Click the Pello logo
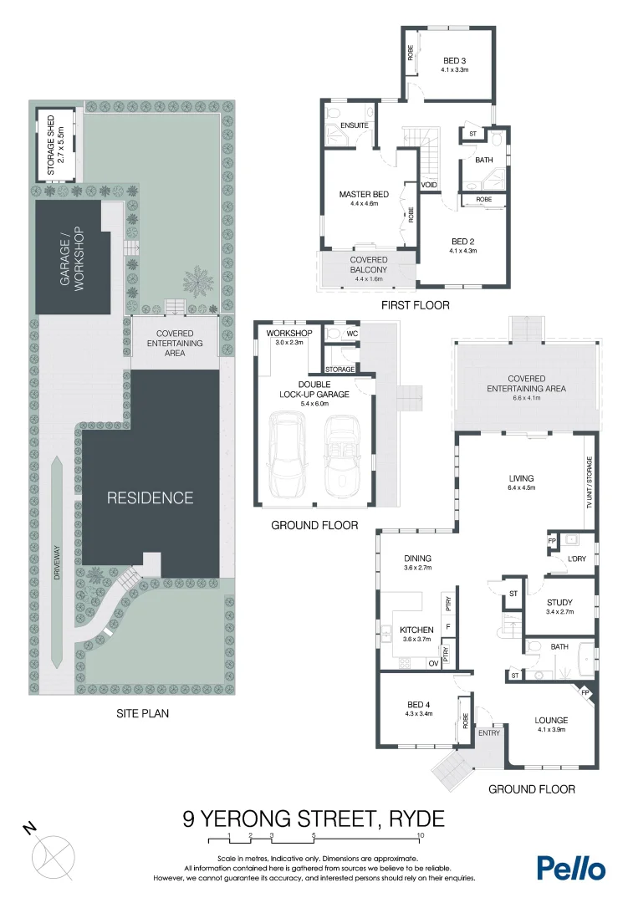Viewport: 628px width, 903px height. click(x=570, y=867)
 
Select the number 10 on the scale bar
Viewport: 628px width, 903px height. click(x=419, y=835)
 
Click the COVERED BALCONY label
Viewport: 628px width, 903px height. click(x=368, y=265)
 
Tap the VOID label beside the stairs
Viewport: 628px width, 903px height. click(x=430, y=185)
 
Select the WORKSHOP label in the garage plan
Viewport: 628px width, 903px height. click(x=288, y=334)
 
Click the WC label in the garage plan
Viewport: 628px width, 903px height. click(x=352, y=334)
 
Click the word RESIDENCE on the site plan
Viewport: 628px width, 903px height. click(x=150, y=498)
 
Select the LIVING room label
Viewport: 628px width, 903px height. click(x=521, y=479)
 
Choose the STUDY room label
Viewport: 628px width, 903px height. click(x=559, y=602)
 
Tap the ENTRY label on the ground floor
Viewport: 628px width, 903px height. click(x=488, y=733)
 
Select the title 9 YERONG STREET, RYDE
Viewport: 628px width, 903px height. click(x=314, y=818)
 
